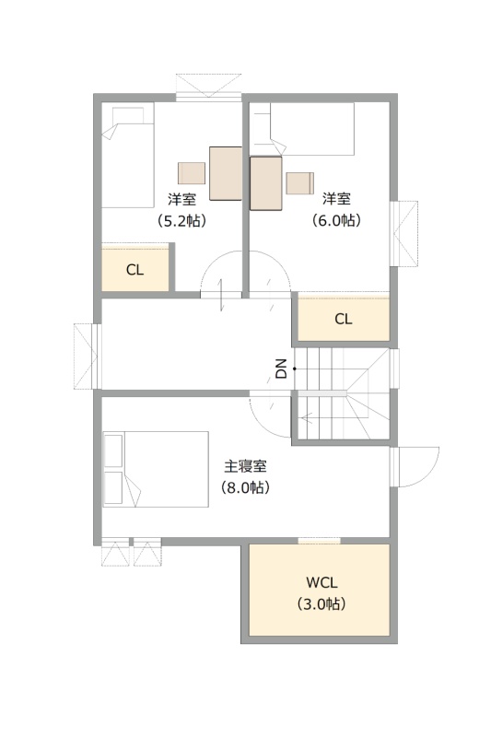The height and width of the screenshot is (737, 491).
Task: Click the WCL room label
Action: pyautogui.click(x=321, y=582)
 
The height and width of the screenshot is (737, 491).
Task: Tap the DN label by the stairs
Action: pyautogui.click(x=281, y=368)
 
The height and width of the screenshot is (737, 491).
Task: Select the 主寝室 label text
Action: pyautogui.click(x=245, y=467)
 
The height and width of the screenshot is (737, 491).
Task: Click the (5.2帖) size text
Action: pyautogui.click(x=181, y=220)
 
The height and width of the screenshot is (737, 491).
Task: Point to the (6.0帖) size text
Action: pyautogui.click(x=336, y=220)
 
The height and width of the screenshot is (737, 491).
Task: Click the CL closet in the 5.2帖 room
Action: pyautogui.click(x=135, y=267)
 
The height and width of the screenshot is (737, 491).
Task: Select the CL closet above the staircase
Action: pyautogui.click(x=344, y=317)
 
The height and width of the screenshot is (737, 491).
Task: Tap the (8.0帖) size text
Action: pyautogui.click(x=245, y=487)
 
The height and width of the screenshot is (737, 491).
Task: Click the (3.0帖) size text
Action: pyautogui.click(x=321, y=603)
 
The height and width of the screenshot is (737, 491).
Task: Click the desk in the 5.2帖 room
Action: pyautogui.click(x=226, y=173)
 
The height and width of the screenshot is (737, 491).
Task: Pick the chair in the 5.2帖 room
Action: pyautogui.click(x=192, y=173)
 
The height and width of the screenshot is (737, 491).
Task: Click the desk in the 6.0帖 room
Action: pyautogui.click(x=266, y=183)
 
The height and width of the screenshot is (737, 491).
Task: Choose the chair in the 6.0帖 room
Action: pyautogui.click(x=300, y=183)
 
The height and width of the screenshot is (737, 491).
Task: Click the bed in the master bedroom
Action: pyautogui.click(x=156, y=469)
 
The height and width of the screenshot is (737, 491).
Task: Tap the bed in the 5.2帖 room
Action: pyautogui.click(x=128, y=156)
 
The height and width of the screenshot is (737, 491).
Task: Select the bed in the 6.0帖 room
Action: pyautogui.click(x=301, y=129)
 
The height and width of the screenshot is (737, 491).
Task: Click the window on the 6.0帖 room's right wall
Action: pyautogui.click(x=403, y=234)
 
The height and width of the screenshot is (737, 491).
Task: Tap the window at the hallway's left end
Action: pyautogui.click(x=88, y=357)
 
